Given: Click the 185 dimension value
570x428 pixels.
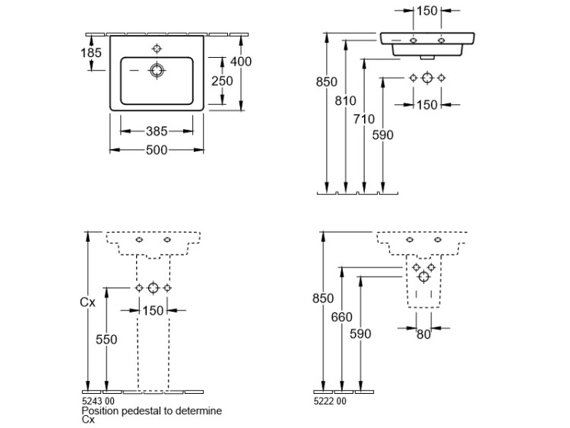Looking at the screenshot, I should click(x=90, y=52).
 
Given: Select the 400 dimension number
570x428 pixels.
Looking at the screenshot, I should click(x=241, y=62).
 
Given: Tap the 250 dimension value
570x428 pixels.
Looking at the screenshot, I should click(x=222, y=81).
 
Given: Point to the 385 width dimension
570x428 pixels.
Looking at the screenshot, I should click(x=157, y=132).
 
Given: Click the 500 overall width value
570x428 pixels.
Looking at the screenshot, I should click(x=157, y=150).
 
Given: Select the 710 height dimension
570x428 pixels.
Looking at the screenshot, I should click(x=364, y=119).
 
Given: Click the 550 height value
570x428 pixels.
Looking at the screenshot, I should click(x=106, y=340).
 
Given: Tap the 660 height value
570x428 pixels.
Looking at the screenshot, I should click(x=342, y=317).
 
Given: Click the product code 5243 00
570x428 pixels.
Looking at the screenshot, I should click(x=97, y=400).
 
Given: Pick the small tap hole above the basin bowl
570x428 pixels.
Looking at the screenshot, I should click(x=157, y=49).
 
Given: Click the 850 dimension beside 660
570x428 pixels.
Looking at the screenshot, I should click(x=323, y=299).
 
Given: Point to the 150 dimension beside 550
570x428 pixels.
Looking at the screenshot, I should click(x=154, y=309).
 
